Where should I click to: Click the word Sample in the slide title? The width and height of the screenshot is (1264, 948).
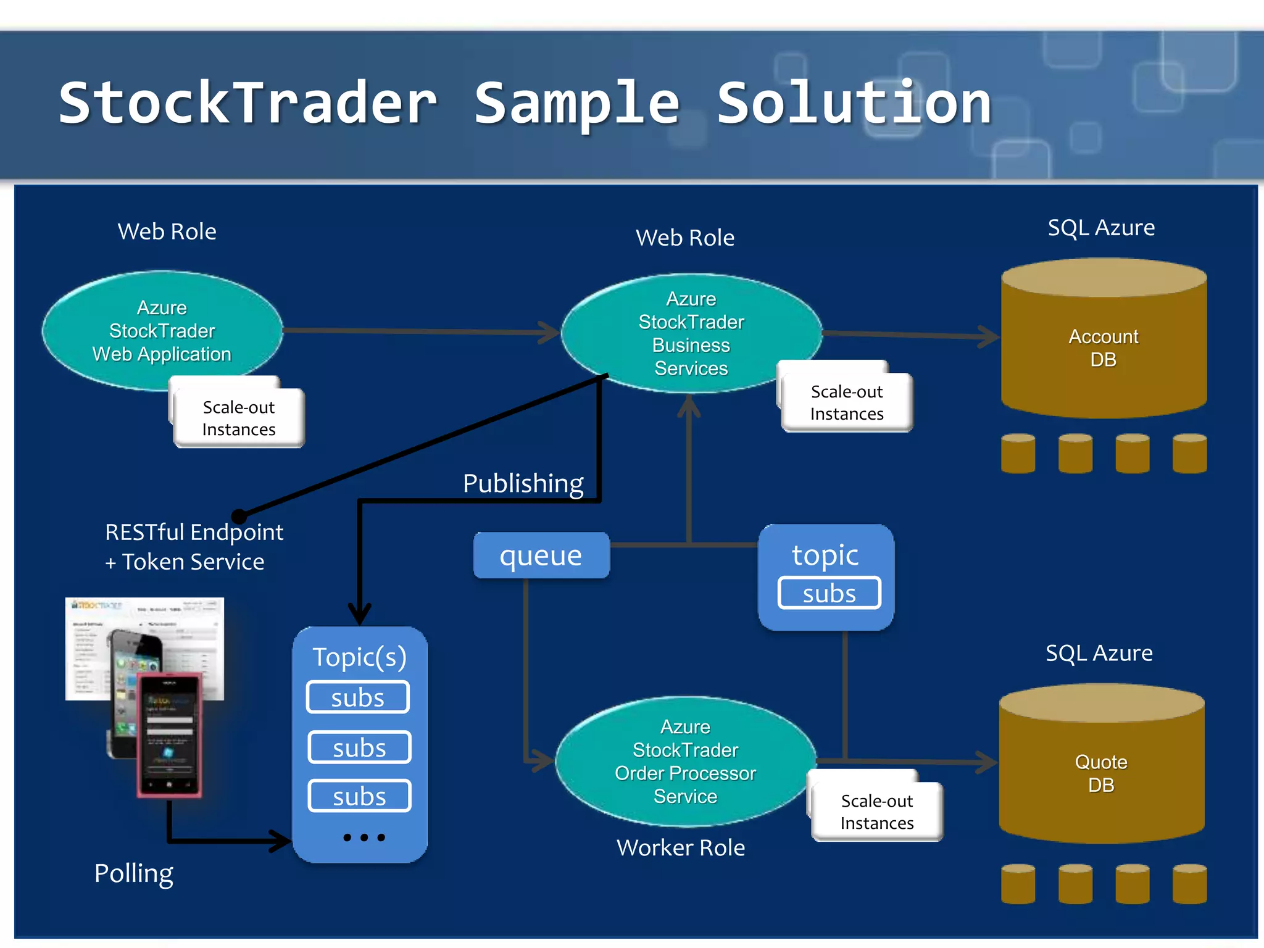point(576,104)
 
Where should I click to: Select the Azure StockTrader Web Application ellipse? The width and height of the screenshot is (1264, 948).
point(162,330)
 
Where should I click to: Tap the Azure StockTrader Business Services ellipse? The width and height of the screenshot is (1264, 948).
point(691,333)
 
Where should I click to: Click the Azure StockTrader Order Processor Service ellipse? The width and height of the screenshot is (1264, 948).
point(685,761)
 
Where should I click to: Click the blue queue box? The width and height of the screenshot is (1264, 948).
point(541,555)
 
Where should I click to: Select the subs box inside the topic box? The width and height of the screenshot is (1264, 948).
point(829,593)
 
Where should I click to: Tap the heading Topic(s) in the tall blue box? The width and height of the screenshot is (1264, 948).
point(359,657)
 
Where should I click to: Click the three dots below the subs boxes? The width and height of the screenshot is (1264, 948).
point(364,838)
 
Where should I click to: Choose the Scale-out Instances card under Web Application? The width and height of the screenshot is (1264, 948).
point(239,418)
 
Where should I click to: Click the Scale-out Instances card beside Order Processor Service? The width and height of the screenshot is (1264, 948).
point(876,812)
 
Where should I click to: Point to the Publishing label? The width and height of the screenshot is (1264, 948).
point(523,483)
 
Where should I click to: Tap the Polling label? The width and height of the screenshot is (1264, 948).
point(133,873)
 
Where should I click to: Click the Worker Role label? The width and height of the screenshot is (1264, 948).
point(681,847)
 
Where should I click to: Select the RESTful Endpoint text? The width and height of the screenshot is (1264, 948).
point(194,532)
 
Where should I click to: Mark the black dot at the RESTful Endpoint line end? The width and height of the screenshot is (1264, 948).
point(239,517)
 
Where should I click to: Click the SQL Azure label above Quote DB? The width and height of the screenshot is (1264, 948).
point(1099,653)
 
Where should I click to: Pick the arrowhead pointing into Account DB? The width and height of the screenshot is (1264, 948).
point(990,336)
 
